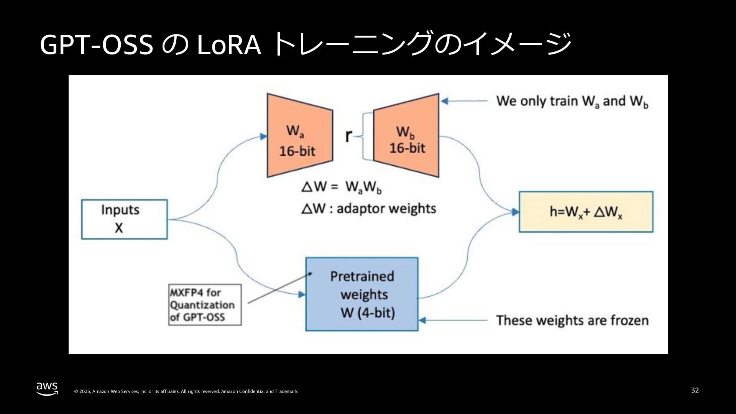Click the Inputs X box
pos(125,219)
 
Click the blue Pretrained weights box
pos(361,294)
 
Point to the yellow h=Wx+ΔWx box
pos(586,212)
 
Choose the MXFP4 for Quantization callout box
pos(205,305)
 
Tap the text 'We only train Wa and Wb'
pos(572,101)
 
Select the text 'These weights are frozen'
pos(572,320)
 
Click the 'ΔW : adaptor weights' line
pos(368,209)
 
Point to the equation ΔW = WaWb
pos(342,187)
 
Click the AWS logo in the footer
pos(47,388)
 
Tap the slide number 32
pos(695,390)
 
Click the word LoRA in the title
pos(228,45)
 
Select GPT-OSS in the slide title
pos(96,45)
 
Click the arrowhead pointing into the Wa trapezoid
pos(263,136)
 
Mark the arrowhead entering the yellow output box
pos(516,212)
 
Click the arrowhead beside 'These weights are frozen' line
pos(423,320)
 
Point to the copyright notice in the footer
pos(186,391)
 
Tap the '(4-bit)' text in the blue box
pos(376,313)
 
